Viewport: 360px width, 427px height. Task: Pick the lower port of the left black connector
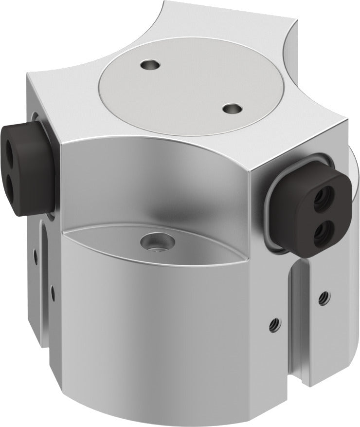[11, 169]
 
